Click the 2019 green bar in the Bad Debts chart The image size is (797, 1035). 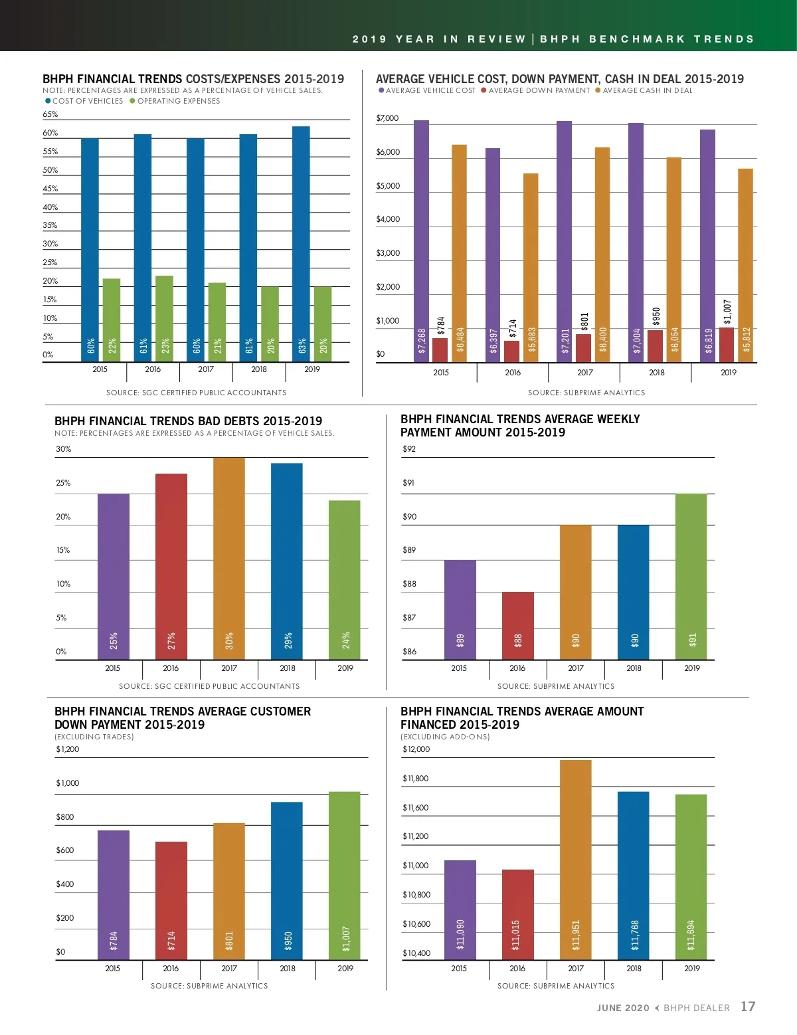coord(344,579)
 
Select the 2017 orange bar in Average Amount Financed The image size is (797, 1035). coord(575,860)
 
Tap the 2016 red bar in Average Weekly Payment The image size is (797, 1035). coord(517,625)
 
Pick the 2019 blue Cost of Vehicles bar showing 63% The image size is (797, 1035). coord(301,244)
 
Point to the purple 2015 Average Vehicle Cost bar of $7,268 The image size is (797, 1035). coord(421,241)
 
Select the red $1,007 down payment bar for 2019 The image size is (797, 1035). coord(727,345)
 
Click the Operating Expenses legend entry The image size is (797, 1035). coord(175,101)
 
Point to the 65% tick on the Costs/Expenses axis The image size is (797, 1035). coord(50,114)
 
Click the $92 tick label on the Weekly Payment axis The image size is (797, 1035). coord(409,449)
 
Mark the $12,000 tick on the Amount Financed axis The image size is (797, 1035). coord(416,749)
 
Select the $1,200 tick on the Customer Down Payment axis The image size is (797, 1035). coord(67,749)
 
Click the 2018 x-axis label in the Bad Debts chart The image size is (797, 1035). coord(288,668)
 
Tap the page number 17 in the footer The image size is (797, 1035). coord(748,1007)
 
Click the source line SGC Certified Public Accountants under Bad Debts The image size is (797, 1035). coord(209,686)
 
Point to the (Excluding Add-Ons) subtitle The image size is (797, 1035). coord(445,737)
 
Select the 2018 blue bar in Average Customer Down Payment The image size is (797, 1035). coord(286,880)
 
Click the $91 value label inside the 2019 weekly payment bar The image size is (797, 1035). coord(693,640)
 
